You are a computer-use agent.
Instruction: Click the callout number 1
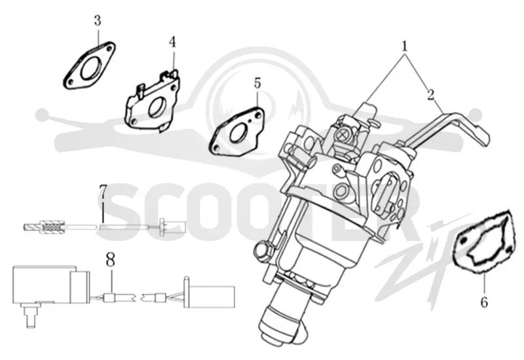405,45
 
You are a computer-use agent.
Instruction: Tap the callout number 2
431,94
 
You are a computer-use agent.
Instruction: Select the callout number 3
97,20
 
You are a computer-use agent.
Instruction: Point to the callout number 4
172,42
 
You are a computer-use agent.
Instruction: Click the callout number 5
257,83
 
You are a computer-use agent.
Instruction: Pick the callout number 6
484,302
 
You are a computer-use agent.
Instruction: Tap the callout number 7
103,190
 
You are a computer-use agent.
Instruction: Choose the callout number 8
111,259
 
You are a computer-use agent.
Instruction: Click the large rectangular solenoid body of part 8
43,285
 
